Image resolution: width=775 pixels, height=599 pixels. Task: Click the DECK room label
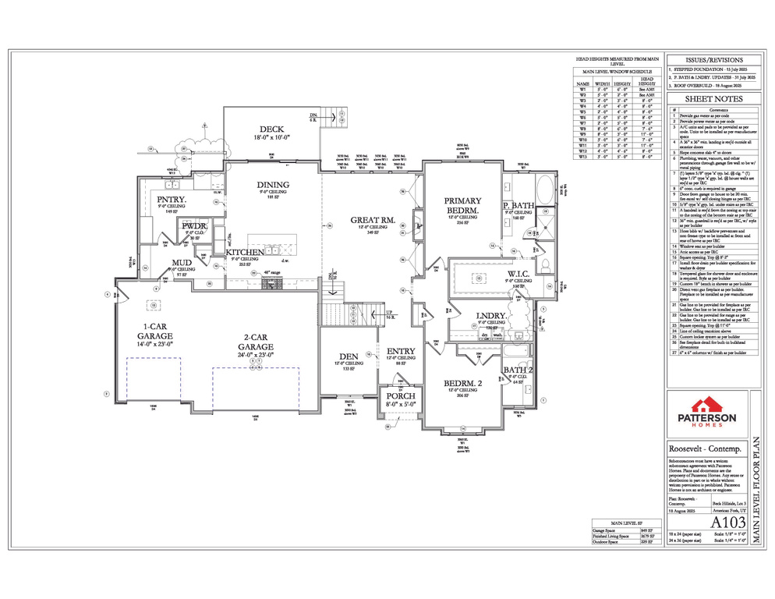pyautogui.click(x=271, y=129)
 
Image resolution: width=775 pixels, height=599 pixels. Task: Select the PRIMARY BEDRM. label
pyautogui.click(x=462, y=205)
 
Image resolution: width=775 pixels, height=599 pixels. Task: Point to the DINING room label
pyautogui.click(x=272, y=185)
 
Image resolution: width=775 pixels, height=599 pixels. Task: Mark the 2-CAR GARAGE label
pyautogui.click(x=256, y=346)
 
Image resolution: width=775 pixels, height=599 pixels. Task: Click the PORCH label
pyautogui.click(x=401, y=396)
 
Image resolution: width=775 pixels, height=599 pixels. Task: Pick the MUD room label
pyautogui.click(x=182, y=263)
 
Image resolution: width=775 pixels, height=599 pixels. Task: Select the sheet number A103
pyautogui.click(x=727, y=522)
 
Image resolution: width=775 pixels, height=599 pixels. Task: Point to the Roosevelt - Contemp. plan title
pyautogui.click(x=705, y=449)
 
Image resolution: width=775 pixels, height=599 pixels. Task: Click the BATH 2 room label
pyautogui.click(x=518, y=370)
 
